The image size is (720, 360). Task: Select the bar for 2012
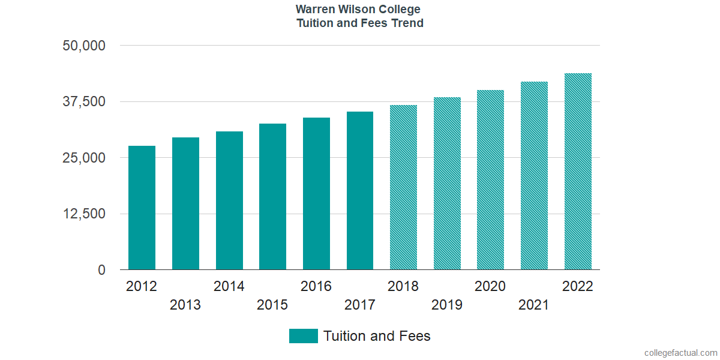[142, 208]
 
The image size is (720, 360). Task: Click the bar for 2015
[272, 197]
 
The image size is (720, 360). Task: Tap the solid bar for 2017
[360, 191]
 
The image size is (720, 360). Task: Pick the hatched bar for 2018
[403, 187]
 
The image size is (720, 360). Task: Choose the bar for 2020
[490, 180]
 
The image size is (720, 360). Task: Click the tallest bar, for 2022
[578, 172]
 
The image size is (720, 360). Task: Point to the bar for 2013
[185, 203]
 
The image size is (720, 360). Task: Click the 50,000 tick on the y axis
[84, 46]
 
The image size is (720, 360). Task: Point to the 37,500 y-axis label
[84, 101]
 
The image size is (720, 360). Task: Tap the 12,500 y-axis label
[84, 214]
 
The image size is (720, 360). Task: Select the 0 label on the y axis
[101, 270]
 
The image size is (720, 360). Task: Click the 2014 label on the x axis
[229, 286]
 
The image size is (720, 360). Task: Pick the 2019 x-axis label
[447, 305]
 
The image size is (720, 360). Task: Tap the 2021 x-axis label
[534, 305]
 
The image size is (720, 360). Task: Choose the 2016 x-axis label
[316, 286]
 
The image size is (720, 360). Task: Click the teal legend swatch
[303, 336]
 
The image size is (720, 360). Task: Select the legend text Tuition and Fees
[377, 336]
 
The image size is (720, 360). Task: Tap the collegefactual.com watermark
[680, 353]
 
